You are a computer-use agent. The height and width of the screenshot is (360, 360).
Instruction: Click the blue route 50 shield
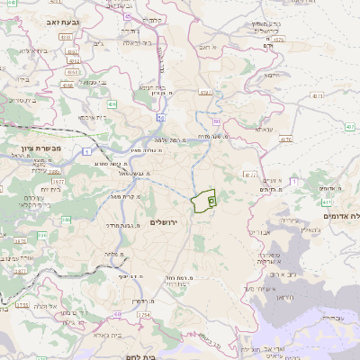(160, 116)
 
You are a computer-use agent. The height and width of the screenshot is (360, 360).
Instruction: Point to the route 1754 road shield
(145, 316)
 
